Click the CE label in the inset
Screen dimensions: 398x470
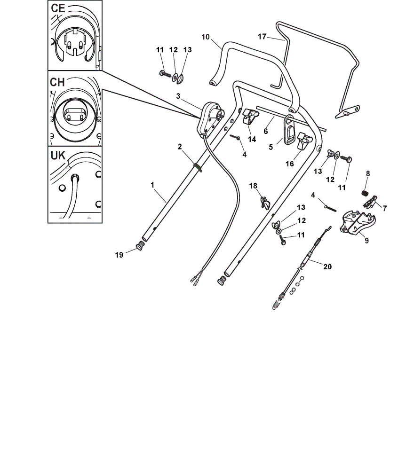58,8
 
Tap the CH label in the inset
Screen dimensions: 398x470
57,82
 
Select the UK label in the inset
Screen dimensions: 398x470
58,156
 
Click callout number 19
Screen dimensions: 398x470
119,255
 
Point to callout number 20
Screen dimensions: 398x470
327,266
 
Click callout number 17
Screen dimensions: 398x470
262,37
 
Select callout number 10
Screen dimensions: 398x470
206,37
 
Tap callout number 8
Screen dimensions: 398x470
368,173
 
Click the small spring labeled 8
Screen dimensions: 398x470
364,193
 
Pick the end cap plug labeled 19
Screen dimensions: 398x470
140,247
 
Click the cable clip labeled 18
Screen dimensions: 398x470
265,203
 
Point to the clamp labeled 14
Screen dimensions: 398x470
250,117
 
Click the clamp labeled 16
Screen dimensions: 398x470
304,141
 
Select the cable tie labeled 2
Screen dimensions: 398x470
198,167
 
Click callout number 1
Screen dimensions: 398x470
152,185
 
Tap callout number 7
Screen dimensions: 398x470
385,208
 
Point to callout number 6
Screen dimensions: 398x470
265,131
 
